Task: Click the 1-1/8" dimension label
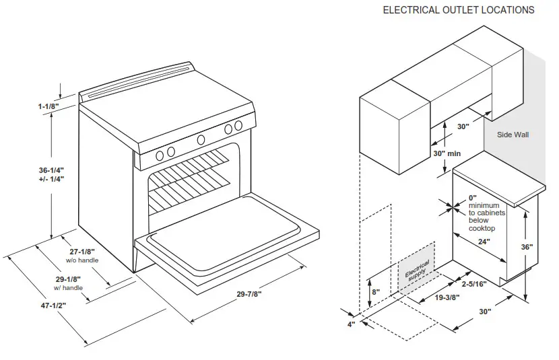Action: [48, 106]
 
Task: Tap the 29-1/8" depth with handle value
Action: [69, 279]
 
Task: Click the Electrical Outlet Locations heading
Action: [459, 10]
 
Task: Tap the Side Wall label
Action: [513, 135]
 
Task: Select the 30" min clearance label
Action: [447, 153]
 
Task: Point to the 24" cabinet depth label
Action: [483, 241]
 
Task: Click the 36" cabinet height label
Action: [527, 247]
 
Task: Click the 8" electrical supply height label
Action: [375, 293]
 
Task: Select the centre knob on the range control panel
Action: [201, 139]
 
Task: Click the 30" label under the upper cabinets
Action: [462, 126]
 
